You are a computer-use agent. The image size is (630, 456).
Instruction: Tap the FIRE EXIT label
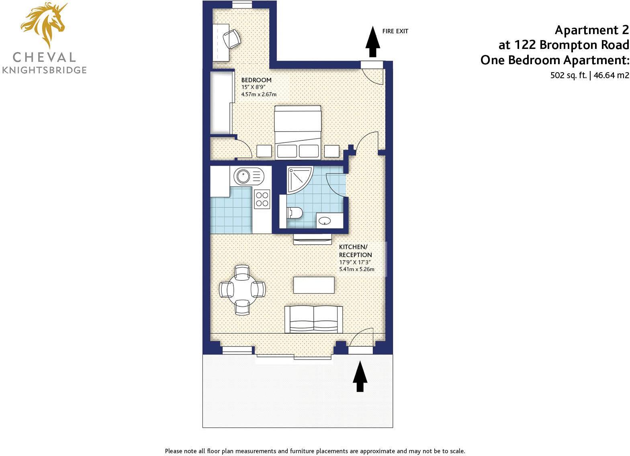[395, 31]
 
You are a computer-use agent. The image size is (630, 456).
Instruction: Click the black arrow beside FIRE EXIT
[373, 42]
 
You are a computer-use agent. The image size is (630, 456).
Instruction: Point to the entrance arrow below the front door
[360, 376]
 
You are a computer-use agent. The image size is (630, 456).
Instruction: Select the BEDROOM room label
[256, 80]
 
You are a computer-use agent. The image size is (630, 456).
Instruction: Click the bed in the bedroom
[298, 132]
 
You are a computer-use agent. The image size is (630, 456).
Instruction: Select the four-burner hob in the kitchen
[262, 199]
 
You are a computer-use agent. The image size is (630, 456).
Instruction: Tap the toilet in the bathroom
[295, 213]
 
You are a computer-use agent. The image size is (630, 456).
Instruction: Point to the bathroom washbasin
[326, 221]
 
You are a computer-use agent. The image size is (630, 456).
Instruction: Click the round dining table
[242, 290]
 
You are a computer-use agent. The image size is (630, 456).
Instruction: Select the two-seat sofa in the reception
[313, 320]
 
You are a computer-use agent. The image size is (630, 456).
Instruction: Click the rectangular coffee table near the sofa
[314, 285]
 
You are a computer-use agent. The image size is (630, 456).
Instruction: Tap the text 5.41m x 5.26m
[357, 269]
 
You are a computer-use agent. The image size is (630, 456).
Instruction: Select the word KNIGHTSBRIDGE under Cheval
[44, 70]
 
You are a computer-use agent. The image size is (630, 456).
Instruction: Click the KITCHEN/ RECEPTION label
[356, 251]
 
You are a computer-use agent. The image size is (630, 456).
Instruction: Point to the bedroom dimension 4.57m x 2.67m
[259, 94]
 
